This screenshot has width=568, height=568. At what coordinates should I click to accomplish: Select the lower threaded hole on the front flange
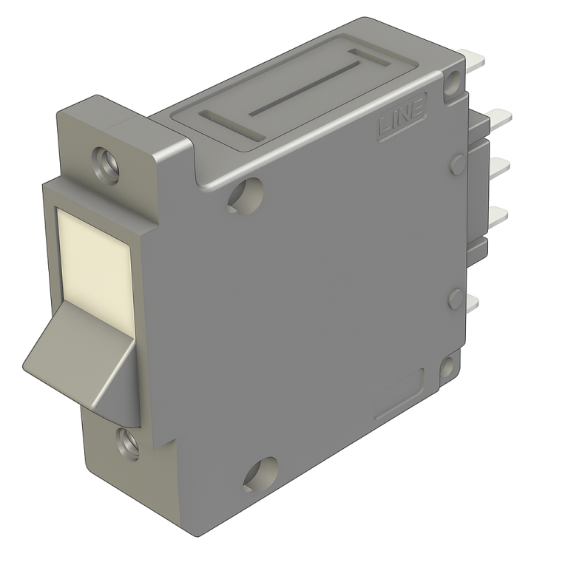[x=127, y=444]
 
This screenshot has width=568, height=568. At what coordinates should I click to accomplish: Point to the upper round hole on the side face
[x=246, y=193]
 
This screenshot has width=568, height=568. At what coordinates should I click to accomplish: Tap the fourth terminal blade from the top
[x=498, y=215]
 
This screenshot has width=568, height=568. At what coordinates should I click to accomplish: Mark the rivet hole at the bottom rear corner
[x=448, y=367]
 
